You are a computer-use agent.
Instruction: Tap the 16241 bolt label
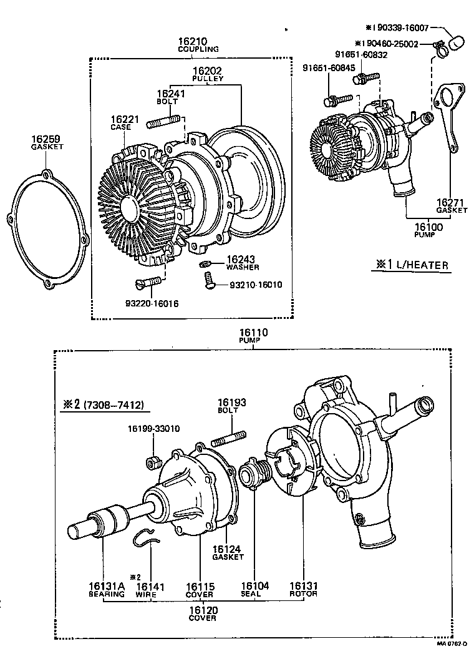click(x=167, y=99)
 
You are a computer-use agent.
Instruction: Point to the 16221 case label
click(x=121, y=122)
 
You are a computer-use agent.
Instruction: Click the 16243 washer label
click(x=238, y=262)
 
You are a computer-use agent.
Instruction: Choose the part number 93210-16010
click(x=256, y=285)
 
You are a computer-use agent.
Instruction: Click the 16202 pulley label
click(x=207, y=74)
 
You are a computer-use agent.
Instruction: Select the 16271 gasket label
click(x=452, y=206)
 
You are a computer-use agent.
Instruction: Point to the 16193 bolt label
click(x=231, y=406)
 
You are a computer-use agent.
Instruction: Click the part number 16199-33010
click(x=154, y=429)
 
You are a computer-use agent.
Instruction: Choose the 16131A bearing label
click(x=107, y=590)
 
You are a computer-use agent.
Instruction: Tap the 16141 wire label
click(x=150, y=590)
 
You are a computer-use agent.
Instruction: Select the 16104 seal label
click(x=255, y=590)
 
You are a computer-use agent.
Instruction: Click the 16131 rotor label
click(x=303, y=590)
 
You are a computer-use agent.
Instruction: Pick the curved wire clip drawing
click(x=146, y=537)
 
